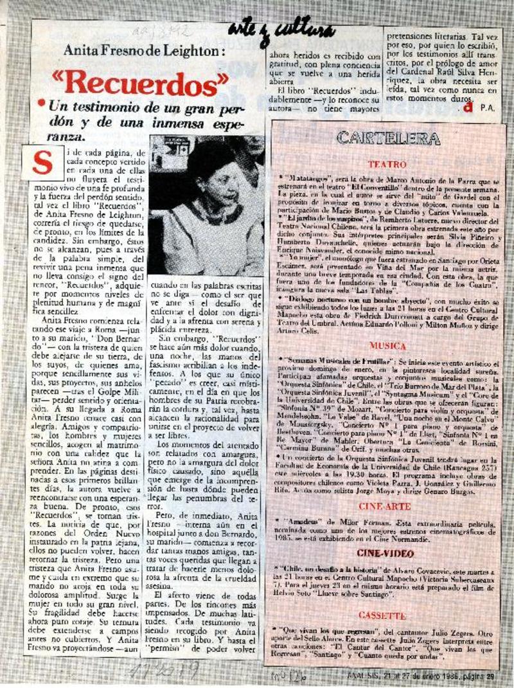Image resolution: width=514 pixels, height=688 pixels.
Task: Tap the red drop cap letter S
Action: pyautogui.click(x=42, y=163)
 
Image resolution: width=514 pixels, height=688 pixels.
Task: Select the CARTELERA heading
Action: pyautogui.click(x=387, y=138)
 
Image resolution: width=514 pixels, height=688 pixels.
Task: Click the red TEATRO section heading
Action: pyautogui.click(x=387, y=165)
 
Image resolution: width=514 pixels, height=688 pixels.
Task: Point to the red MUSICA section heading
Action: pyautogui.click(x=387, y=345)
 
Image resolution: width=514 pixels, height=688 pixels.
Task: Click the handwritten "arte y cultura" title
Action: pyautogui.click(x=281, y=30)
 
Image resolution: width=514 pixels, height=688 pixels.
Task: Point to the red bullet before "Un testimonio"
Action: pyautogui.click(x=42, y=103)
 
